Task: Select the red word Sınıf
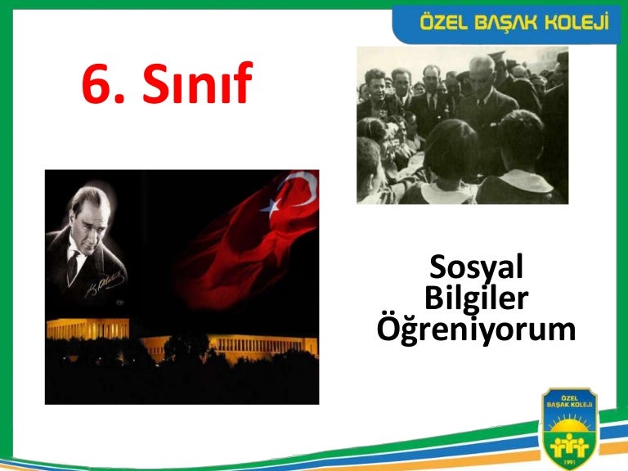click(197, 82)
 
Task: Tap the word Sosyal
click(476, 267)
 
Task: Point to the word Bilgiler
click(476, 298)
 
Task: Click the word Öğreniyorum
click(476, 330)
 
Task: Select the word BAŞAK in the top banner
click(505, 22)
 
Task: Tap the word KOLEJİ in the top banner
click(576, 22)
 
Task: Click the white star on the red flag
click(270, 208)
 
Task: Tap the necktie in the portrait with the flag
click(73, 267)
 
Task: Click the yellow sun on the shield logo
click(569, 424)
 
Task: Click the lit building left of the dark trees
click(88, 329)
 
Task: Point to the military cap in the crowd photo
click(497, 55)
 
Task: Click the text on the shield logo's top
click(569, 401)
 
